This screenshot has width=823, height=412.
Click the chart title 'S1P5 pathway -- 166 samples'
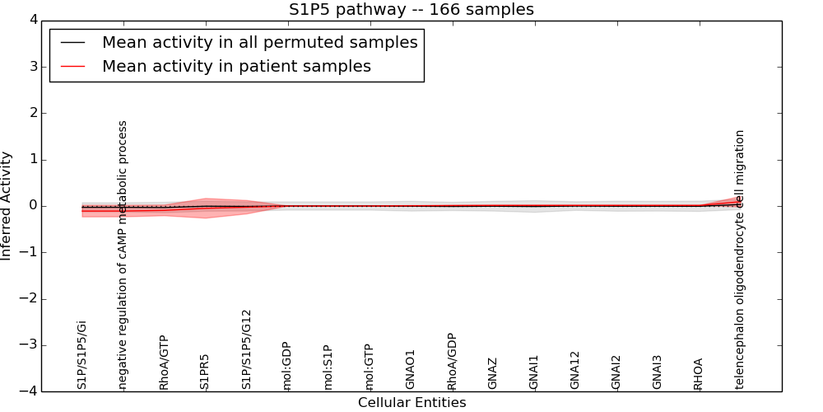(411, 10)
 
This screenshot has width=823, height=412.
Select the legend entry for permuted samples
(259, 43)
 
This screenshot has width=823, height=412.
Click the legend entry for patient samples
(236, 67)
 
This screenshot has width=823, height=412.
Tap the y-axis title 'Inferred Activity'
(7, 206)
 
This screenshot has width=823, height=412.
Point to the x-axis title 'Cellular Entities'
(411, 403)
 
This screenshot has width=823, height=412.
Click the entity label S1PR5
(205, 372)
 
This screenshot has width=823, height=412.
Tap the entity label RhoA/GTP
(164, 363)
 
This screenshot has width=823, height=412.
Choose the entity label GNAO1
(411, 369)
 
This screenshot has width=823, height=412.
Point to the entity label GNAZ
(493, 373)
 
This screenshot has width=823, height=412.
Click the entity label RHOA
(699, 373)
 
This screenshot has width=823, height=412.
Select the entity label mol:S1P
(328, 368)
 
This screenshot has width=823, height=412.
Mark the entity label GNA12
(575, 370)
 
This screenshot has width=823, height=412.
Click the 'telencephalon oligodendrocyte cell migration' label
(740, 259)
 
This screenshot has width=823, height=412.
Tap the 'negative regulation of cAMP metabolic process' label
(123, 255)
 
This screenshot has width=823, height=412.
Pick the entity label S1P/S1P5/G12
(246, 349)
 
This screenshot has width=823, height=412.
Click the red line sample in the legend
(72, 67)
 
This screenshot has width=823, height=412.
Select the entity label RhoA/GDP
(452, 361)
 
